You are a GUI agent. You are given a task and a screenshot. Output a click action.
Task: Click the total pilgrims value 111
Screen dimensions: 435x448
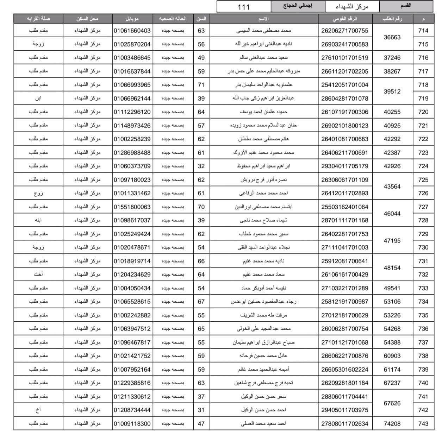click(243, 7)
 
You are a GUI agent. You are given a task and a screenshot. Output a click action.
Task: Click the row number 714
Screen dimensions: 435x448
click(423, 31)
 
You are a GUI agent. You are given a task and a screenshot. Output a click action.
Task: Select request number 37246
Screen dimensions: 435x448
click(392, 58)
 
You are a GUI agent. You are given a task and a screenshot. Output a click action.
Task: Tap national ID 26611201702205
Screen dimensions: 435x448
click(344, 71)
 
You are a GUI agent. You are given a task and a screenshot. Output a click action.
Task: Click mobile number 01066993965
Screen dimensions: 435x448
click(132, 85)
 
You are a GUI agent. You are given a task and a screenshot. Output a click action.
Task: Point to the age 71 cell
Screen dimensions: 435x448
click(201, 85)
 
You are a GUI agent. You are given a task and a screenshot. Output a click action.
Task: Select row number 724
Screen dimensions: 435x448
click(423, 166)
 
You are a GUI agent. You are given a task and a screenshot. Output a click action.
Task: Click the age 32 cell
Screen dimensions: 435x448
click(201, 166)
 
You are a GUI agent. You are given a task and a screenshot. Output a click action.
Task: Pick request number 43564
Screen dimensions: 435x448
click(392, 187)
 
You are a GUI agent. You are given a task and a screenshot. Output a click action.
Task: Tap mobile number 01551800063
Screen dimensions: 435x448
click(132, 207)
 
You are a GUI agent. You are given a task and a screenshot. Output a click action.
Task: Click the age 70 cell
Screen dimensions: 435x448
click(201, 207)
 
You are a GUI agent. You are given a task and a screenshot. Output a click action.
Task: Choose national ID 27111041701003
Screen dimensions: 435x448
click(344, 247)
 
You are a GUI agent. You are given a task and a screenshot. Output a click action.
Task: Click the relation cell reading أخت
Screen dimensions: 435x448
click(38, 275)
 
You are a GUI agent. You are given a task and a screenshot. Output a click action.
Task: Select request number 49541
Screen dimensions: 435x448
click(392, 288)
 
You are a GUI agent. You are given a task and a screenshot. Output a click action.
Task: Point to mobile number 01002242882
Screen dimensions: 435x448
click(132, 315)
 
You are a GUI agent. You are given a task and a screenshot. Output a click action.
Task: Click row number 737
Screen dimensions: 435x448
click(423, 342)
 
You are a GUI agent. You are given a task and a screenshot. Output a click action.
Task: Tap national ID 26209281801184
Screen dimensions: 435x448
click(344, 383)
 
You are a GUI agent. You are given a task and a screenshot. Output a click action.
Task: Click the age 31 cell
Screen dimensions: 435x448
click(201, 410)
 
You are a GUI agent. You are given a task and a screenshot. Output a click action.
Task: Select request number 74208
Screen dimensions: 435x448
click(392, 424)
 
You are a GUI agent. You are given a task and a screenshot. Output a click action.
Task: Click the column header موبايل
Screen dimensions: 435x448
click(132, 19)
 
